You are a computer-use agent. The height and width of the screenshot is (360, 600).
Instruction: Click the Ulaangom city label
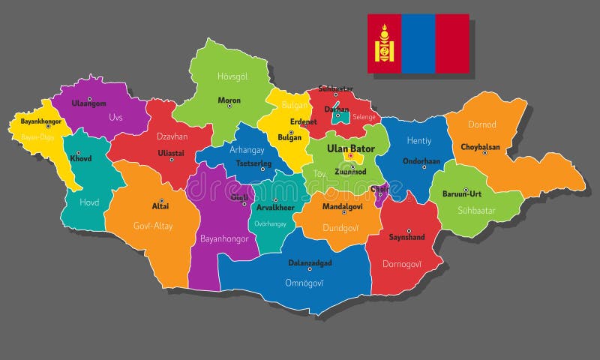click(x=88, y=103)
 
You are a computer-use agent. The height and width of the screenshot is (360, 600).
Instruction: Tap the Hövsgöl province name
click(x=232, y=76)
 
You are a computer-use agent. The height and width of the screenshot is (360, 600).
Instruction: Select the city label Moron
click(x=229, y=100)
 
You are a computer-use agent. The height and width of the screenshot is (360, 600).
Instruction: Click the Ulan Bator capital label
click(x=351, y=148)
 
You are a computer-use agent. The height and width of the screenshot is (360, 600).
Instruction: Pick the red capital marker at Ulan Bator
click(x=349, y=156)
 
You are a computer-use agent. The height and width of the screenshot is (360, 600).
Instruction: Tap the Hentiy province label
click(x=418, y=140)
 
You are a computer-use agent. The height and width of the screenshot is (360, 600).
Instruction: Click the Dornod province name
click(x=482, y=124)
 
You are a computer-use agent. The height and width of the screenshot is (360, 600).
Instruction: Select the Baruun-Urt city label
click(x=461, y=193)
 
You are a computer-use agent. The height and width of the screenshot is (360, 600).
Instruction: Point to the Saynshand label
click(x=407, y=237)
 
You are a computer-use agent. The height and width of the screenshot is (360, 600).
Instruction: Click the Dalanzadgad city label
click(x=310, y=263)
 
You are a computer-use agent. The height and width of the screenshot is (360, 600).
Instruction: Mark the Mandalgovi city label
click(x=342, y=205)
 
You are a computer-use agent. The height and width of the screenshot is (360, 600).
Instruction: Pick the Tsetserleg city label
click(x=253, y=163)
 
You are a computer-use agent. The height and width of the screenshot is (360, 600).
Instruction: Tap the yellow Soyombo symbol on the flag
click(x=385, y=43)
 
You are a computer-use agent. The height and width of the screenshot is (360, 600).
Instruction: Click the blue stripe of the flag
click(x=418, y=43)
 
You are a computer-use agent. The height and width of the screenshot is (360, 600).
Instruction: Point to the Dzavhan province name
click(x=172, y=136)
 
